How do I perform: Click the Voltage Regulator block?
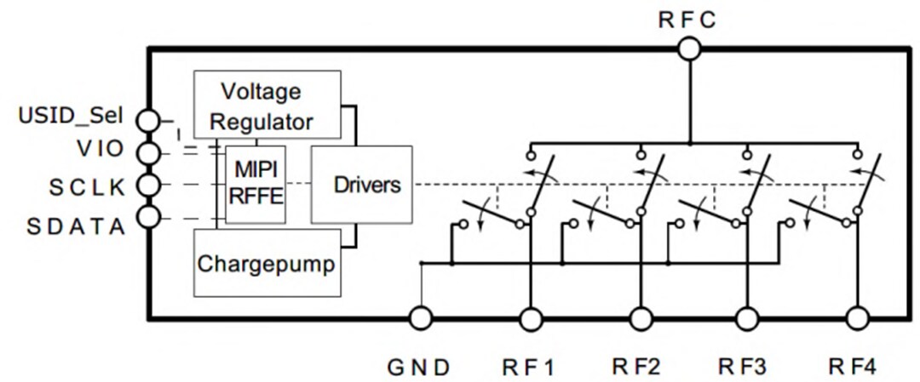pyautogui.click(x=267, y=105)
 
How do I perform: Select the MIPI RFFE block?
pyautogui.click(x=256, y=185)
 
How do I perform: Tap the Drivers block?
pyautogui.click(x=361, y=185)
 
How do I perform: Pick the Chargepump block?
pyautogui.click(x=267, y=262)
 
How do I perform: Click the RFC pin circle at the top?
pyautogui.click(x=689, y=48)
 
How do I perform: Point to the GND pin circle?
pyautogui.click(x=421, y=319)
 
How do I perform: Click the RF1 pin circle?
pyautogui.click(x=532, y=319)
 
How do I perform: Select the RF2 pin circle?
pyautogui.click(x=641, y=319)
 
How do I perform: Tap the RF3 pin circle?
pyautogui.click(x=747, y=319)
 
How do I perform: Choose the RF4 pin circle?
pyautogui.click(x=858, y=319)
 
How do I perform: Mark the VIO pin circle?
pyautogui.click(x=149, y=153)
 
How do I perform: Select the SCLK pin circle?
pyautogui.click(x=149, y=185)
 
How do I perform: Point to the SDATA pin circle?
pyautogui.click(x=149, y=217)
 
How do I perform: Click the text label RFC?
pyautogui.click(x=688, y=20)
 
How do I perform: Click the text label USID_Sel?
pyautogui.click(x=70, y=114)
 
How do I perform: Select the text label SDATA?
pyautogui.click(x=75, y=226)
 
